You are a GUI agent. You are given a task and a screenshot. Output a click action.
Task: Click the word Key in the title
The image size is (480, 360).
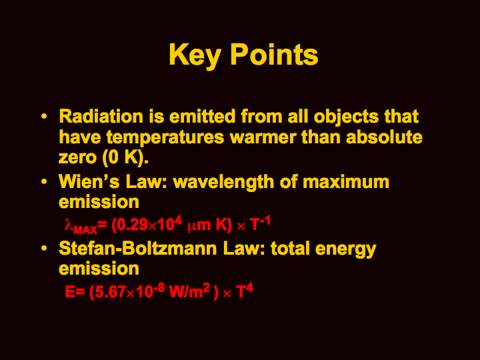(195, 55)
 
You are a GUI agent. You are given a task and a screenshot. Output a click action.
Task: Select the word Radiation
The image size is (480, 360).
(101, 116)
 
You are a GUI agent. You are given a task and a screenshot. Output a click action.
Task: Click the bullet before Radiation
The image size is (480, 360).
(45, 117)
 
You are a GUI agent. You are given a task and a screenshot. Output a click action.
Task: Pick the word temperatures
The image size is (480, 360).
(165, 137)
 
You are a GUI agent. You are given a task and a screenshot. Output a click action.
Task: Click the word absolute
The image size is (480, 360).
(384, 137)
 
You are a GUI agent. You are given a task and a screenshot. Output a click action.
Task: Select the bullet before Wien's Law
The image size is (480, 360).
(45, 182)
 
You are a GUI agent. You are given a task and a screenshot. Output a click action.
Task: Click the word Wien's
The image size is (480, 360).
(89, 181)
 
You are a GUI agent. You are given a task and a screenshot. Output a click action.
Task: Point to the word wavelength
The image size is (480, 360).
(223, 183)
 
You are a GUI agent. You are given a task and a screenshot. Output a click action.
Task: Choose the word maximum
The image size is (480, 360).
(345, 182)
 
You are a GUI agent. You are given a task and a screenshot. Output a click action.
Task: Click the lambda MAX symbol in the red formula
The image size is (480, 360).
(81, 226)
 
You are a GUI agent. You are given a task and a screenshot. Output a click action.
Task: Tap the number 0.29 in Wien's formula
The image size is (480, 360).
(130, 225)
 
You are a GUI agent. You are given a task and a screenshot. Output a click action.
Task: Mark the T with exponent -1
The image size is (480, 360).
(260, 223)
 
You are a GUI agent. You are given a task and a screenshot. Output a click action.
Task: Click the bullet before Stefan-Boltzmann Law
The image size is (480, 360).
(45, 248)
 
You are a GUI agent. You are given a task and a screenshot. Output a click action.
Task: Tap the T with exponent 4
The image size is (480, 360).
(245, 291)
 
